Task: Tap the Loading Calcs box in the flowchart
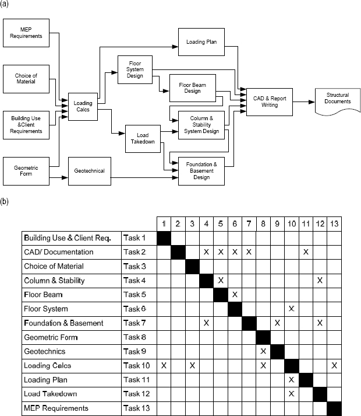(x=83, y=107)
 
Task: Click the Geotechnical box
(x=89, y=171)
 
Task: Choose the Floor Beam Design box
(x=192, y=88)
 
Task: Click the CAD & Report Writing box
(x=270, y=102)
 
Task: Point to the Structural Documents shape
(x=337, y=99)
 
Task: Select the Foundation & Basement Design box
(x=201, y=171)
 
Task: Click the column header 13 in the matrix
(x=334, y=223)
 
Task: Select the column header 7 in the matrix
(x=249, y=223)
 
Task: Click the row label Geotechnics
(x=45, y=351)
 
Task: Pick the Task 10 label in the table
(x=136, y=365)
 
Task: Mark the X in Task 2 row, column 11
(x=306, y=252)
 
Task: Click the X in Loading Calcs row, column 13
(x=334, y=365)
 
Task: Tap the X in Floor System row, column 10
(x=291, y=309)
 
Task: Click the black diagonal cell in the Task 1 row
(x=164, y=238)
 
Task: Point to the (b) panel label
(x=5, y=202)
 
